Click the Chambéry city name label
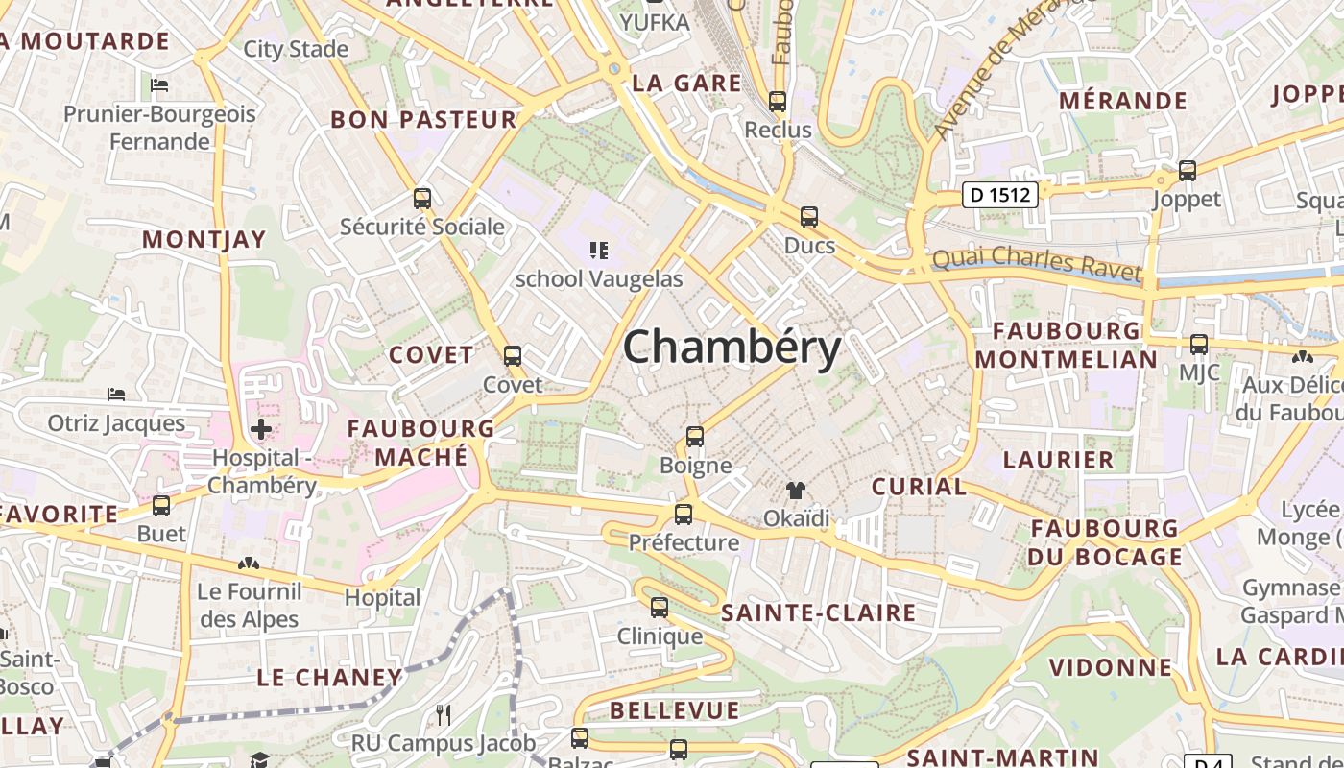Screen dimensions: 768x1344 [x=732, y=348]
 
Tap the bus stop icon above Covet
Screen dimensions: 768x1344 [x=513, y=356]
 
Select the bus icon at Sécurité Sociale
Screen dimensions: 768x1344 [x=421, y=199]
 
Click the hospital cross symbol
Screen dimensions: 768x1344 [x=260, y=429]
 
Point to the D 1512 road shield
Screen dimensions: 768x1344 [x=1000, y=195]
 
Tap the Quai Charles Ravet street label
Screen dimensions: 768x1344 [x=1037, y=263]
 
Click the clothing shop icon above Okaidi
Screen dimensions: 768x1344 [x=796, y=491]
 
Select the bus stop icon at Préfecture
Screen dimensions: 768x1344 [x=684, y=515]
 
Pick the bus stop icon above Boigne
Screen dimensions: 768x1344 [x=695, y=437]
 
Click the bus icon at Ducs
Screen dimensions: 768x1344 [x=809, y=217]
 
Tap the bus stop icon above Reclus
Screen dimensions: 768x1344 [x=778, y=101]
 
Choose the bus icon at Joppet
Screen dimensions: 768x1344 [x=1188, y=171]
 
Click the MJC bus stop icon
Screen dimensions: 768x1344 [x=1198, y=344]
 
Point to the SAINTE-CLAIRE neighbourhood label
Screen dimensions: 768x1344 [x=818, y=612]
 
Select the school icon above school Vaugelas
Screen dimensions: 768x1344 [x=599, y=252]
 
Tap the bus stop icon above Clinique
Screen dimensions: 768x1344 [x=659, y=608]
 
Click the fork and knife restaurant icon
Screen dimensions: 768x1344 [x=443, y=714]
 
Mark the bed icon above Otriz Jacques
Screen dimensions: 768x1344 [x=116, y=395]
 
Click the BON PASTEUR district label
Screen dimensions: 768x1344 [x=423, y=120]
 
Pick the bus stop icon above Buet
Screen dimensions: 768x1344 [x=161, y=506]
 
